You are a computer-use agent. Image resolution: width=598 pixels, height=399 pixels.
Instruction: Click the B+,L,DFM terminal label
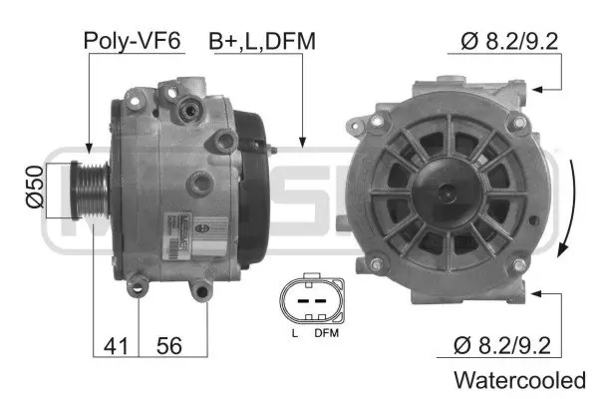coord(262,41)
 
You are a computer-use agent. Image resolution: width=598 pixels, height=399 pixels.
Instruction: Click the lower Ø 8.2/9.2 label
coord(501,346)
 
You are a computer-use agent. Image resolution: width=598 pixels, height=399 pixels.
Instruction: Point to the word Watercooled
coord(518,380)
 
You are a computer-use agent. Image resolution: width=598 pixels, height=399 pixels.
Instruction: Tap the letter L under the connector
coord(295,332)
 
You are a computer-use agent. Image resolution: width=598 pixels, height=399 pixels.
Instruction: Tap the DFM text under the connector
coord(326,332)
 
